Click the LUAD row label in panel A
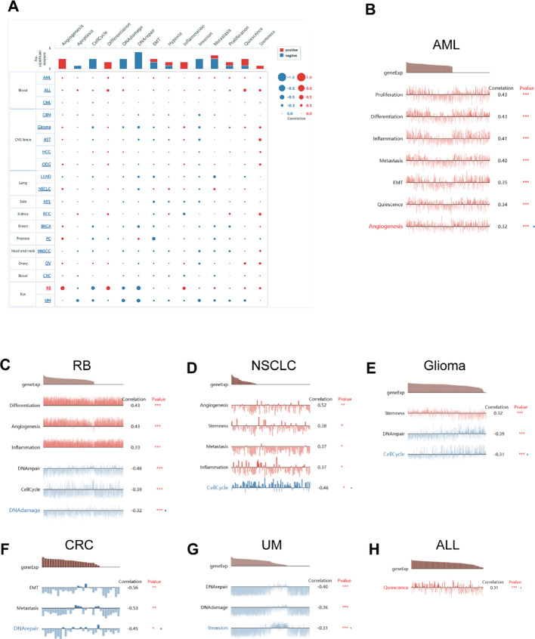pos(46,174)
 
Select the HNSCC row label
pos(45,249)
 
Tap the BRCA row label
pos(46,224)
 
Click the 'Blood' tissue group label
pos(22,90)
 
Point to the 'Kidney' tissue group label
pos(22,213)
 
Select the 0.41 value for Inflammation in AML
pos(502,138)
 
